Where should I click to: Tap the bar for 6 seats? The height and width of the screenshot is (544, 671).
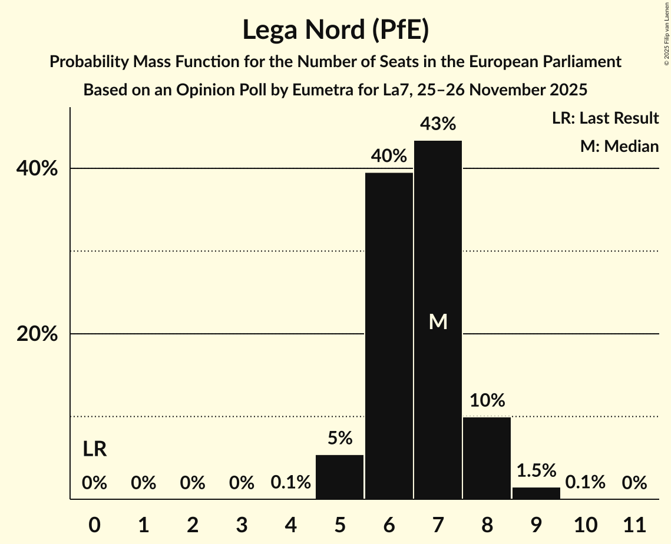tap(389, 336)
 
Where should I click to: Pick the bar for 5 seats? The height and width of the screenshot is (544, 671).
tap(340, 477)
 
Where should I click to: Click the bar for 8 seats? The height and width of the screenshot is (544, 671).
tap(487, 458)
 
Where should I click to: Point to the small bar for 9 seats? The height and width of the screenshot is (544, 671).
tap(536, 493)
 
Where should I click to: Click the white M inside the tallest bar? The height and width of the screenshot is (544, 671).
tap(438, 321)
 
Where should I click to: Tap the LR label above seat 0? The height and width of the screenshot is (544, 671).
tap(94, 449)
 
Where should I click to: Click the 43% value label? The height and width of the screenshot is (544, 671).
tap(438, 124)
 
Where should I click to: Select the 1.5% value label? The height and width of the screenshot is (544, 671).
tap(536, 470)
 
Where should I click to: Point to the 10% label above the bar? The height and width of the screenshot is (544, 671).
tap(487, 400)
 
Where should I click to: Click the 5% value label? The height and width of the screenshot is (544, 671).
tap(340, 438)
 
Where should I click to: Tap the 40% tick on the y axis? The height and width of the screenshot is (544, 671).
tap(37, 169)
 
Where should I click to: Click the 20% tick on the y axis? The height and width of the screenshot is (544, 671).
tap(37, 334)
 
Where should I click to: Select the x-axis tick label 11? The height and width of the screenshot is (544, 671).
tap(634, 524)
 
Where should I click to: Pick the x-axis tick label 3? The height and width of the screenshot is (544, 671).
tap(242, 524)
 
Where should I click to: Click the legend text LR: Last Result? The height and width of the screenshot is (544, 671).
tap(605, 118)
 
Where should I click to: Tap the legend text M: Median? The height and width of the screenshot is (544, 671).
tap(619, 146)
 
